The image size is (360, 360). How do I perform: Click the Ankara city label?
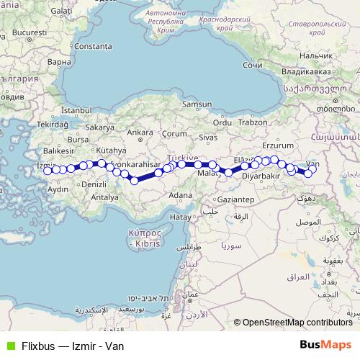coord(140,132)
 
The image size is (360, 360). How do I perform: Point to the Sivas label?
coord(207,136)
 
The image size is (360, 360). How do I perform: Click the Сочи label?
coord(252,65)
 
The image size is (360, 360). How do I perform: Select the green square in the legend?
coord(10,345)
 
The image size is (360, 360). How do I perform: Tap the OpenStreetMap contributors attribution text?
coord(297,323)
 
